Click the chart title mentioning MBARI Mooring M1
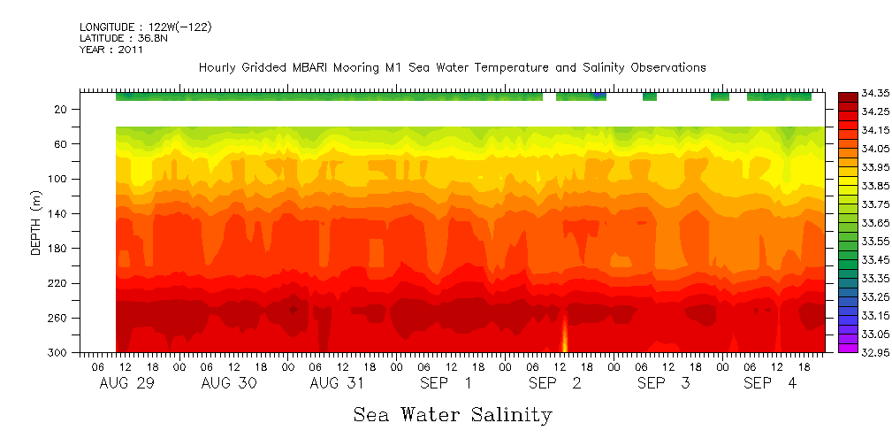(x=452, y=67)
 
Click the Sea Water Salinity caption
(x=453, y=415)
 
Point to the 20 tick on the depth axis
(x=62, y=110)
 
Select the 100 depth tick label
(x=59, y=179)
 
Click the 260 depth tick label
(x=59, y=318)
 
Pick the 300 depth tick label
(x=59, y=352)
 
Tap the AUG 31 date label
(x=337, y=383)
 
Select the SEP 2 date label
(x=555, y=383)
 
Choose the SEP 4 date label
(x=770, y=383)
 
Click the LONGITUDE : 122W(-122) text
(x=145, y=27)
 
